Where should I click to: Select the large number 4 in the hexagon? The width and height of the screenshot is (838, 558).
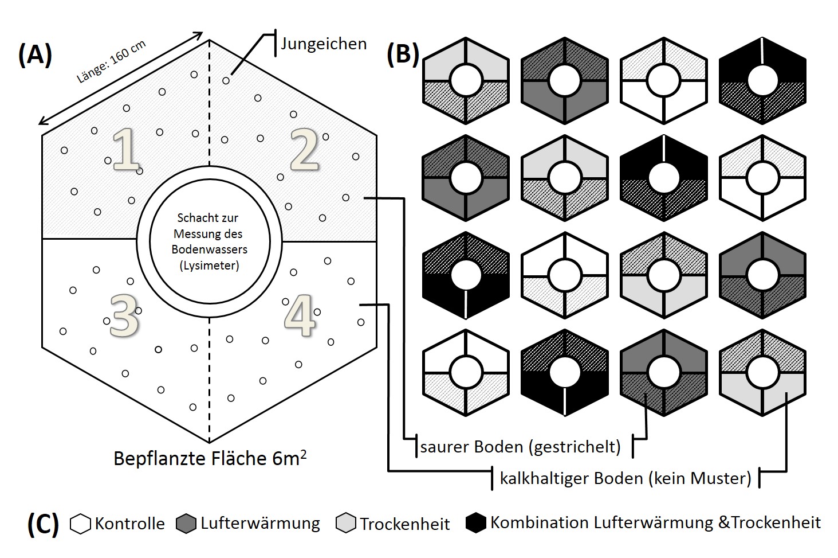click(x=300, y=315)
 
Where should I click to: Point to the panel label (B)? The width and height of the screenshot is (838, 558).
click(x=403, y=54)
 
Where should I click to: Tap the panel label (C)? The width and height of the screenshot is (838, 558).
click(x=43, y=523)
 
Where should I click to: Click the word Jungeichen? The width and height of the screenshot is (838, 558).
click(x=324, y=44)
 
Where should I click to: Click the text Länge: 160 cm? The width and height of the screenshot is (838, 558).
click(x=111, y=63)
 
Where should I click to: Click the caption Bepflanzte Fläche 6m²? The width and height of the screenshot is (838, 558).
click(x=210, y=458)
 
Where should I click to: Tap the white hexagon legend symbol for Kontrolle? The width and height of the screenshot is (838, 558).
click(x=81, y=524)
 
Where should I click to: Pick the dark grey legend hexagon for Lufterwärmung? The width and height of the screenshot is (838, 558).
click(x=187, y=524)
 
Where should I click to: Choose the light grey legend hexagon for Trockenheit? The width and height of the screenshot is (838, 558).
click(x=346, y=524)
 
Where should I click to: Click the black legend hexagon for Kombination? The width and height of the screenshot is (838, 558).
click(x=476, y=523)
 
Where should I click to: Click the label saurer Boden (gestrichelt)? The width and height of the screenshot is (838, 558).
click(x=520, y=447)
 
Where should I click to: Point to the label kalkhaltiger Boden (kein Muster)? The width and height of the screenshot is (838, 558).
click(x=625, y=478)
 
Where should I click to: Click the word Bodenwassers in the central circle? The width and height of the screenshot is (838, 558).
click(x=208, y=249)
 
